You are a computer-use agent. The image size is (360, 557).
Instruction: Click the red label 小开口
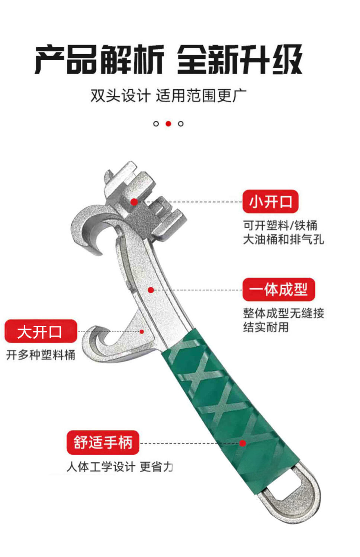tap(270, 202)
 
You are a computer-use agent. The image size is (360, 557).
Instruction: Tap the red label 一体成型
tap(279, 289)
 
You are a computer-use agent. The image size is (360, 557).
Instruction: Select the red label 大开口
tap(41, 331)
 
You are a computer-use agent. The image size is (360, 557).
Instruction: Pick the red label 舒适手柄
tap(103, 442)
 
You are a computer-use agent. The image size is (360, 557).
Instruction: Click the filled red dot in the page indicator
tap(168, 124)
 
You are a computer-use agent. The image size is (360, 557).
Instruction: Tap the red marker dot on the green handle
tap(242, 443)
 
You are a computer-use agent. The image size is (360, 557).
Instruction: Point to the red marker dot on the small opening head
tap(134, 202)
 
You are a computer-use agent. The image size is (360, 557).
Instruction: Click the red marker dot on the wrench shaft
tap(151, 290)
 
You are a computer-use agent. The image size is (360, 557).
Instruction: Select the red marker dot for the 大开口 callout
tap(142, 331)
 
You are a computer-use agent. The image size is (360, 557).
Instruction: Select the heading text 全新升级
tap(240, 59)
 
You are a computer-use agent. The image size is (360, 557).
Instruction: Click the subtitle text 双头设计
tap(120, 96)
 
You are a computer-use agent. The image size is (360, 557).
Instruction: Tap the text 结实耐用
tap(266, 327)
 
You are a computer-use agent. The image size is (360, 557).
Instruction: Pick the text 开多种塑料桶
tap(41, 355)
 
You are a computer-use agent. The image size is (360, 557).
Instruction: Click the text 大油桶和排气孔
tap(283, 239)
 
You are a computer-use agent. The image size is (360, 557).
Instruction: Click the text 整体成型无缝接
tap(283, 313)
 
